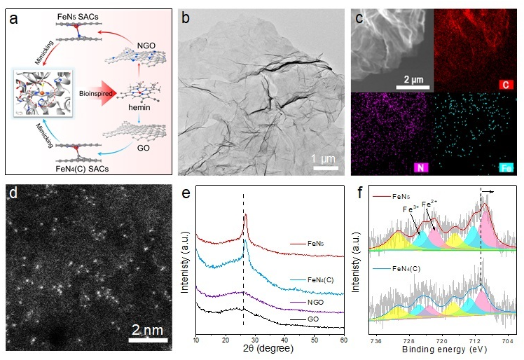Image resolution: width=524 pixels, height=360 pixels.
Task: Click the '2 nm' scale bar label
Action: click(148, 329)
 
